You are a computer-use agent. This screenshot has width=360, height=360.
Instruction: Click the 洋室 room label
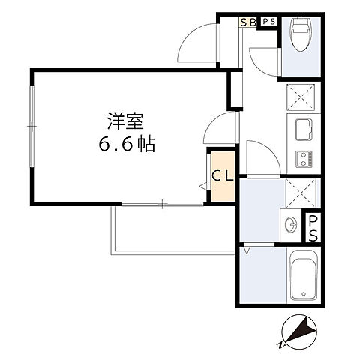pos(125,121)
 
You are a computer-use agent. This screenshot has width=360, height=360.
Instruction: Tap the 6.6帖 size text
pos(127,144)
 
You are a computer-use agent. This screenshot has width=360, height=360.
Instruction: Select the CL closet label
pos(223,176)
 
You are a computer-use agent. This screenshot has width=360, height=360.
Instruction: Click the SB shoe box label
pos(248,22)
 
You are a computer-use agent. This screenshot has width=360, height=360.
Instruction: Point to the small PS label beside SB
pos(269,22)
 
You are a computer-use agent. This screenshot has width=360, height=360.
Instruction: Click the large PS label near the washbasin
pos(313,229)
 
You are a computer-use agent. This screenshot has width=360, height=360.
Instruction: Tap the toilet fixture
pos(301,34)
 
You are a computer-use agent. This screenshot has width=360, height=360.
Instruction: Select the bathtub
pos(304,274)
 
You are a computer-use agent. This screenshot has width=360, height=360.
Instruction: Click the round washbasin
pos(291,224)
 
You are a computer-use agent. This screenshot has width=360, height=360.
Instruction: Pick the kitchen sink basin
pos(304,130)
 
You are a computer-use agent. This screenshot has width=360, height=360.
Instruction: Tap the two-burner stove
pos(304,159)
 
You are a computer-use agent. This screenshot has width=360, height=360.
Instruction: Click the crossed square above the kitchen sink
pos(301,97)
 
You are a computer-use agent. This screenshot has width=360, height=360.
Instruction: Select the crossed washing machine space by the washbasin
pos(301,193)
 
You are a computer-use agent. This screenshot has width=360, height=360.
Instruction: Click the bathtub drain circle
pos(304,293)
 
